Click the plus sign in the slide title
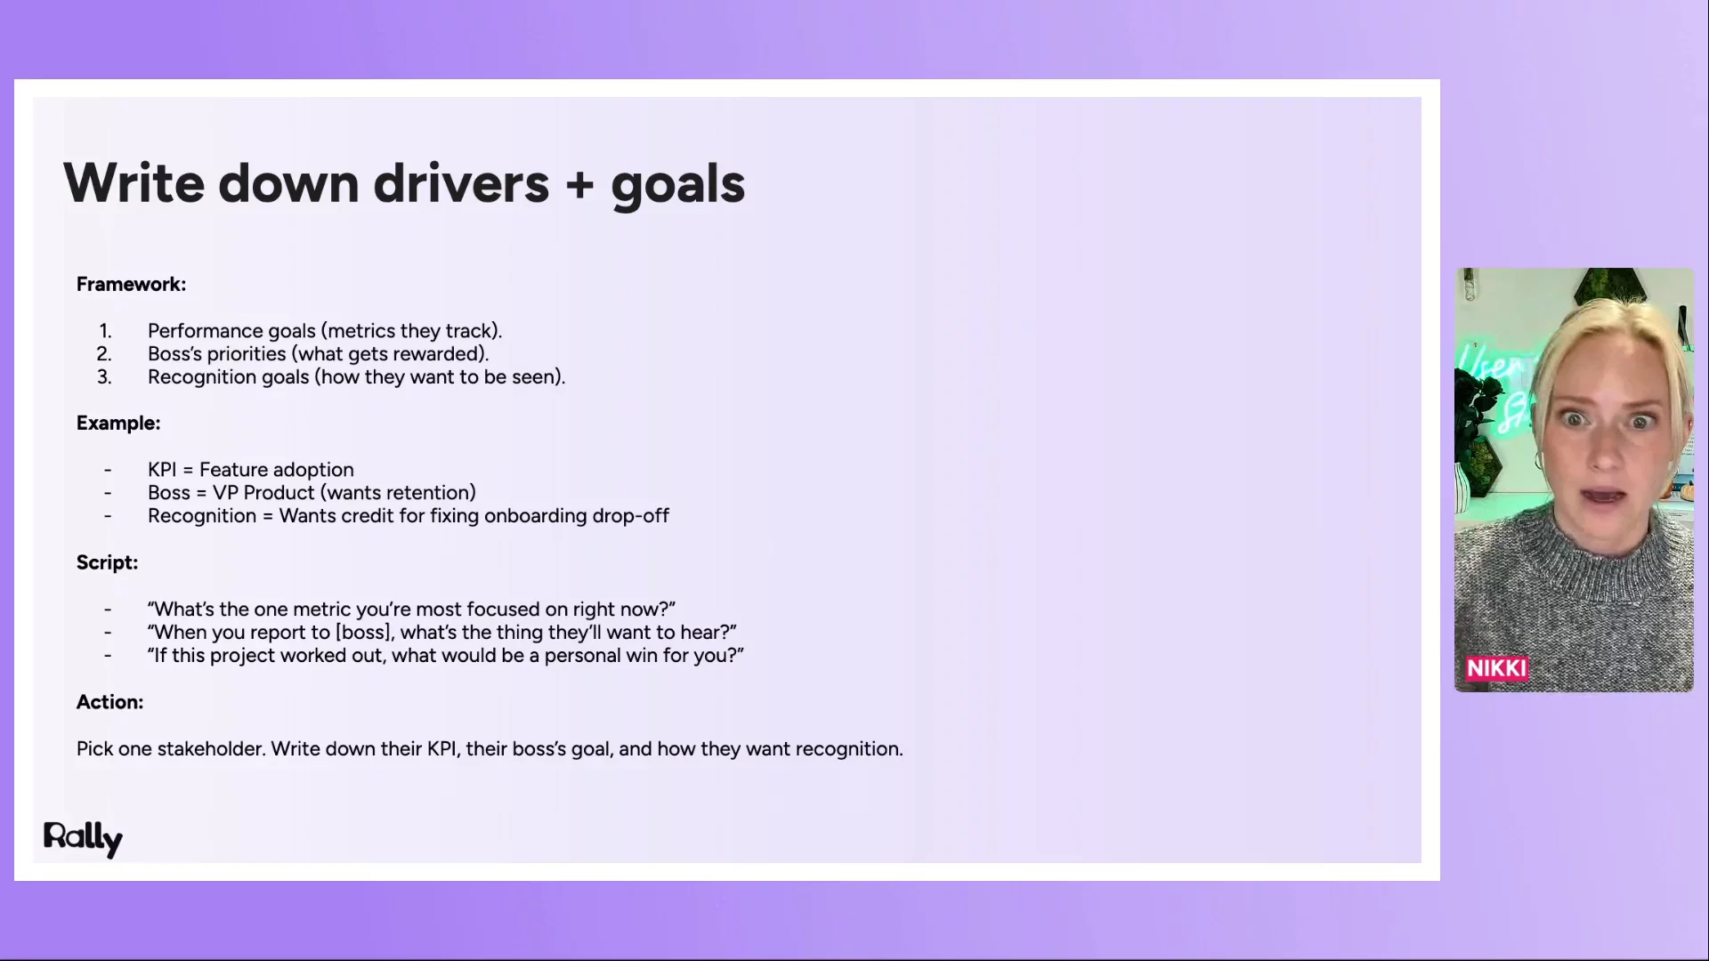[x=579, y=184]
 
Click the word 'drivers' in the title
[x=461, y=183]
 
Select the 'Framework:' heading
[x=131, y=285]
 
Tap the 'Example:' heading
[x=118, y=424]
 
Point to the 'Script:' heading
[x=107, y=563]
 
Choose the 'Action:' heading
[x=109, y=702]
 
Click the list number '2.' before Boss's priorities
[x=104, y=354]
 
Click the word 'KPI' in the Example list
[x=162, y=470]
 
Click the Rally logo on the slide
[x=83, y=838]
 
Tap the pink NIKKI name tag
[x=1497, y=669]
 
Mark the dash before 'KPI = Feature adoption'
[x=108, y=470]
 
